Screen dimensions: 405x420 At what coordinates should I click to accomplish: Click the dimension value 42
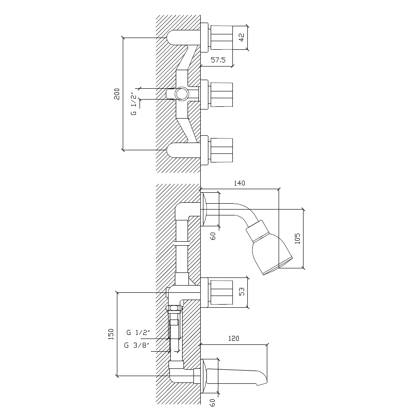(x=241, y=37)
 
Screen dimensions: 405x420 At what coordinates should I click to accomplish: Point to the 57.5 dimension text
(x=218, y=60)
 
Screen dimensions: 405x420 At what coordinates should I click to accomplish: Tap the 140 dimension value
(x=239, y=183)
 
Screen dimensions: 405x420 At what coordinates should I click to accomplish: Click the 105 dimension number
(x=297, y=239)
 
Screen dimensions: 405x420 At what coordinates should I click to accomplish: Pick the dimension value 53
(x=241, y=291)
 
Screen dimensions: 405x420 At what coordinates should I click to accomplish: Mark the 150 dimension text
(x=111, y=334)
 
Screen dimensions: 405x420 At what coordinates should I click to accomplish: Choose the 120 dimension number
(x=233, y=339)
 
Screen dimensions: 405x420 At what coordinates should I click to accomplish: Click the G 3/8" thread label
(x=137, y=345)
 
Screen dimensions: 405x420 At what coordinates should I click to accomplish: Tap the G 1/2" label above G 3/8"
(x=138, y=332)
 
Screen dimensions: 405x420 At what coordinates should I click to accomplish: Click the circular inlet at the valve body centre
(x=182, y=94)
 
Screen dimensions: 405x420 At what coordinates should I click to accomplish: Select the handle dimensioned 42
(x=222, y=38)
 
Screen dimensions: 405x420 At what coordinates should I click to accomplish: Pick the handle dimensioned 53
(x=222, y=292)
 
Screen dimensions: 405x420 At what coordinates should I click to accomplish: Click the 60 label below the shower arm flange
(x=213, y=236)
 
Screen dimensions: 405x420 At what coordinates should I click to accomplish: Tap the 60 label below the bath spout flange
(x=212, y=403)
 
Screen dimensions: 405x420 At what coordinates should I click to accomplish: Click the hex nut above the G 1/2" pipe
(x=174, y=308)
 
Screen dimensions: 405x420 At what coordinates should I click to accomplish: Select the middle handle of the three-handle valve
(x=222, y=95)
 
